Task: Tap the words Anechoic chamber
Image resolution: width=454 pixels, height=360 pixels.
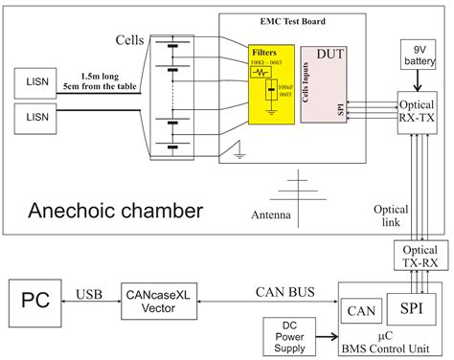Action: click(115, 209)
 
